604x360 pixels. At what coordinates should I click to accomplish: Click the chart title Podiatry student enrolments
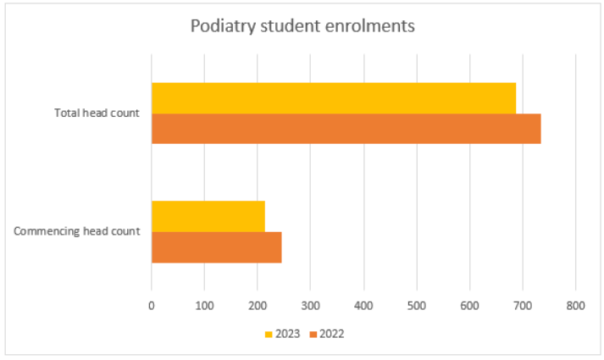[302, 26]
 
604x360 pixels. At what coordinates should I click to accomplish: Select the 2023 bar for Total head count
[334, 98]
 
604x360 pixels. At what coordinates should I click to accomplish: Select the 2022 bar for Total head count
[346, 129]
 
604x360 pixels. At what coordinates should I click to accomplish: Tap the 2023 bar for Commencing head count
[208, 216]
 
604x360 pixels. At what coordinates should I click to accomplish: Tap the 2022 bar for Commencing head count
[217, 247]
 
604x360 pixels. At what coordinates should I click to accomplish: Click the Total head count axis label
[97, 113]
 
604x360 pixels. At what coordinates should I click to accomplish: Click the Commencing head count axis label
[76, 231]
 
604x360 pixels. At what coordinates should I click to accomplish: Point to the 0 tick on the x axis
[152, 306]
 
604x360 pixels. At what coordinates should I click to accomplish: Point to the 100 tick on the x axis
[204, 306]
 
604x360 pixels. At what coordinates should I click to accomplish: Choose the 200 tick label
[258, 306]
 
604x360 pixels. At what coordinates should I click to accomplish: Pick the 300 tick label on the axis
[311, 306]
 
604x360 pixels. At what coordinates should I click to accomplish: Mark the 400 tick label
[363, 306]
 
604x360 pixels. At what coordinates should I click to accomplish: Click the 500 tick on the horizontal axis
[417, 306]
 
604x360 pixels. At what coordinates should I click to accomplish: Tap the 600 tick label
[469, 306]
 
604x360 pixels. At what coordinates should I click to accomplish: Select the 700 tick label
[523, 306]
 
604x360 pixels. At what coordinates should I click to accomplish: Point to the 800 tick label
[575, 306]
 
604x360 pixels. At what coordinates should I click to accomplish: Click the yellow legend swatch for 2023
[269, 335]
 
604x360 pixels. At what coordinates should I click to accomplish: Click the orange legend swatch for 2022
[313, 335]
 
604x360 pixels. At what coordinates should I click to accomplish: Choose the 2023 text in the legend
[287, 334]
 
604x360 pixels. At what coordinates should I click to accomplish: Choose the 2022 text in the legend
[332, 334]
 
